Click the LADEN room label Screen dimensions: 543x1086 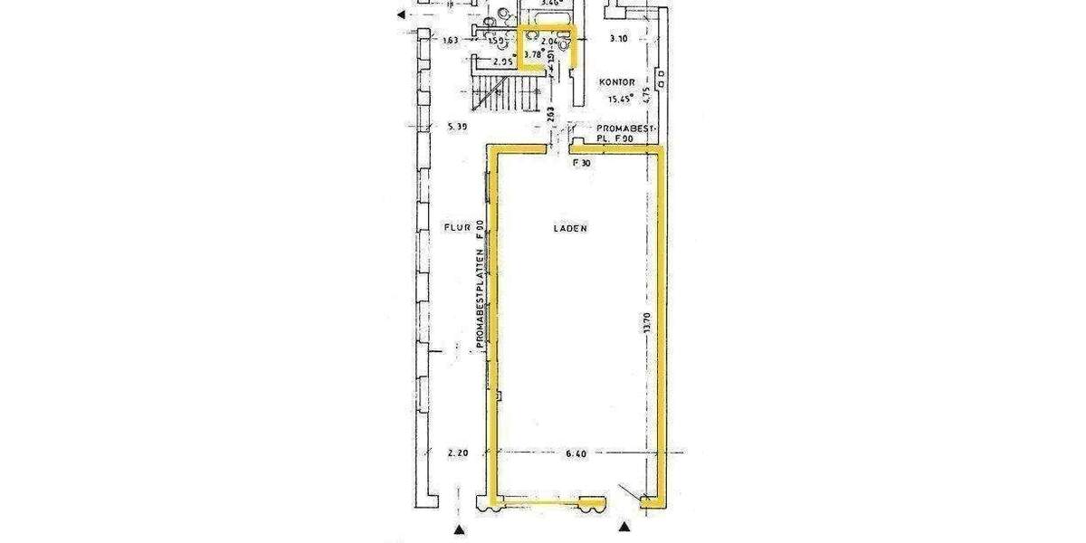click(570, 229)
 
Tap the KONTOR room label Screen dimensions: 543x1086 click(618, 82)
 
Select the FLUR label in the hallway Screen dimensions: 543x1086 click(455, 228)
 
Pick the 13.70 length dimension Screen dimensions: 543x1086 click(645, 325)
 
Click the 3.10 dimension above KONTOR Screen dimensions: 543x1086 click(618, 40)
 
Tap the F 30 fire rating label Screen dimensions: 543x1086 click(582, 163)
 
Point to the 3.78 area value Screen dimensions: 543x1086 click(534, 54)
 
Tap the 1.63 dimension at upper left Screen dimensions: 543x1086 click(452, 40)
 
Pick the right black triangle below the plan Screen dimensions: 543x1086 click(623, 526)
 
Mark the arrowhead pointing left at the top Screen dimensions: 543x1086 click(402, 14)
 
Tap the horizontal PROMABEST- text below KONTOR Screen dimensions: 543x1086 click(620, 129)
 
